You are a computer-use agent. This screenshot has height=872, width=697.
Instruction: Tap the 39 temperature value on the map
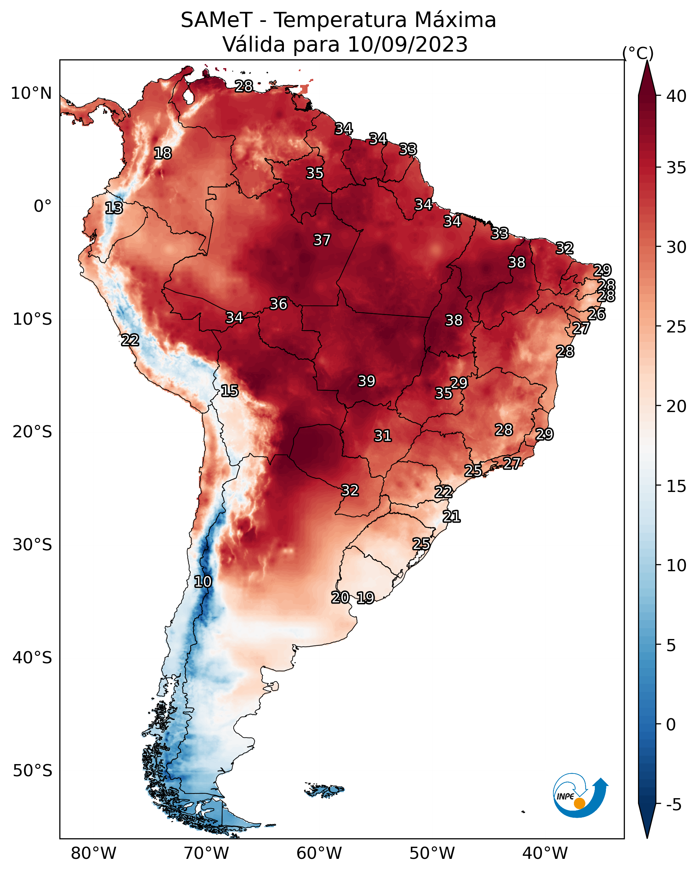[x=367, y=381]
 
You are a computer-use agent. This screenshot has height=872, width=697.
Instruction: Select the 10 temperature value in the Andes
[x=203, y=582]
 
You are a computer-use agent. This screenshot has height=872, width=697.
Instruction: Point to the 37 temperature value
[x=322, y=240]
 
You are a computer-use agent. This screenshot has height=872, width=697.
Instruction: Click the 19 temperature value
[x=365, y=598]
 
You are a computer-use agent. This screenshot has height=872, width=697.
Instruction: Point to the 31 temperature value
[x=383, y=436]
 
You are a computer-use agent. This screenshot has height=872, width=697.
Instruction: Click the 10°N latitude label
[x=31, y=93]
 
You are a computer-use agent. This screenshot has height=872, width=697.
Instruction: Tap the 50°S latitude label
[x=32, y=771]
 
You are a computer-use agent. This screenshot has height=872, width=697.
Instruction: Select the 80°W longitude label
[x=93, y=853]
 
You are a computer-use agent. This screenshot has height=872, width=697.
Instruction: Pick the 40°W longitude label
[x=545, y=853]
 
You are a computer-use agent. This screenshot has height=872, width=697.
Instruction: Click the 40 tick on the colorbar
[x=676, y=96]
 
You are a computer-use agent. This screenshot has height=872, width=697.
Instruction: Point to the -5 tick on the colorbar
[x=673, y=805]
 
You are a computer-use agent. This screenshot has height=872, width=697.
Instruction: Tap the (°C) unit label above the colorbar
[x=638, y=53]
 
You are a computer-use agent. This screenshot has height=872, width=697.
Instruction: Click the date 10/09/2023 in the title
[x=407, y=45]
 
